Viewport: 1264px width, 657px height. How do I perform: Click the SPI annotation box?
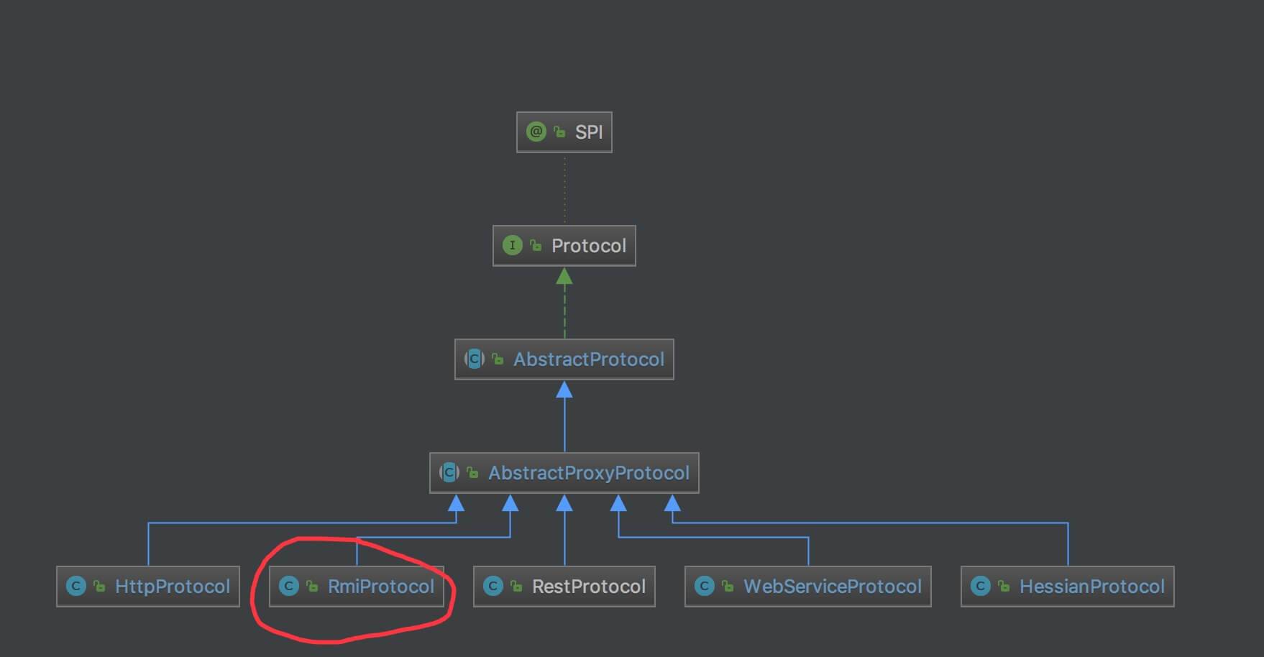(x=564, y=132)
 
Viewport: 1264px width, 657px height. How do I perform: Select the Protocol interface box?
(x=564, y=246)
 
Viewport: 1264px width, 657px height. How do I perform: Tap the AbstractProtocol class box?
(x=564, y=359)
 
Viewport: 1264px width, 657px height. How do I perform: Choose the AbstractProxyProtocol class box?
(x=564, y=473)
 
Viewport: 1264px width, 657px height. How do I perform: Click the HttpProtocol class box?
(x=148, y=587)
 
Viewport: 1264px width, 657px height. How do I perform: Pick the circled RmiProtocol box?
(x=357, y=587)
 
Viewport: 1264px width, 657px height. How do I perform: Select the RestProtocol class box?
(x=564, y=587)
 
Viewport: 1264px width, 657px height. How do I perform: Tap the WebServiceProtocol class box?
(x=807, y=587)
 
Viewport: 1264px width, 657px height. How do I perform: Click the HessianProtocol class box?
(x=1067, y=587)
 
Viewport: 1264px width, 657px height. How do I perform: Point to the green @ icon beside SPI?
(x=536, y=132)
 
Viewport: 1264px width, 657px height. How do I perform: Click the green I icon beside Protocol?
(x=512, y=246)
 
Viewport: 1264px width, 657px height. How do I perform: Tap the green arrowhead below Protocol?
(x=564, y=276)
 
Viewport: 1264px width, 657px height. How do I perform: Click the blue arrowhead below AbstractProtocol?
(x=564, y=390)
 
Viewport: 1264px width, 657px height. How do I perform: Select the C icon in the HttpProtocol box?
(x=75, y=587)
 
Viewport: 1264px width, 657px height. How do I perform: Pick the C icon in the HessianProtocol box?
(x=980, y=587)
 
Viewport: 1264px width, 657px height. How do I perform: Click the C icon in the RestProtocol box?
(x=493, y=587)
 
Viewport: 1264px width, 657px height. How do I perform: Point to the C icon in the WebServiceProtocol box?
(x=704, y=587)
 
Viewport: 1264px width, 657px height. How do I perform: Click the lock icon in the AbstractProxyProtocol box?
(x=472, y=473)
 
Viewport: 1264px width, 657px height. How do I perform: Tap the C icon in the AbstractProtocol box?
(x=474, y=359)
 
